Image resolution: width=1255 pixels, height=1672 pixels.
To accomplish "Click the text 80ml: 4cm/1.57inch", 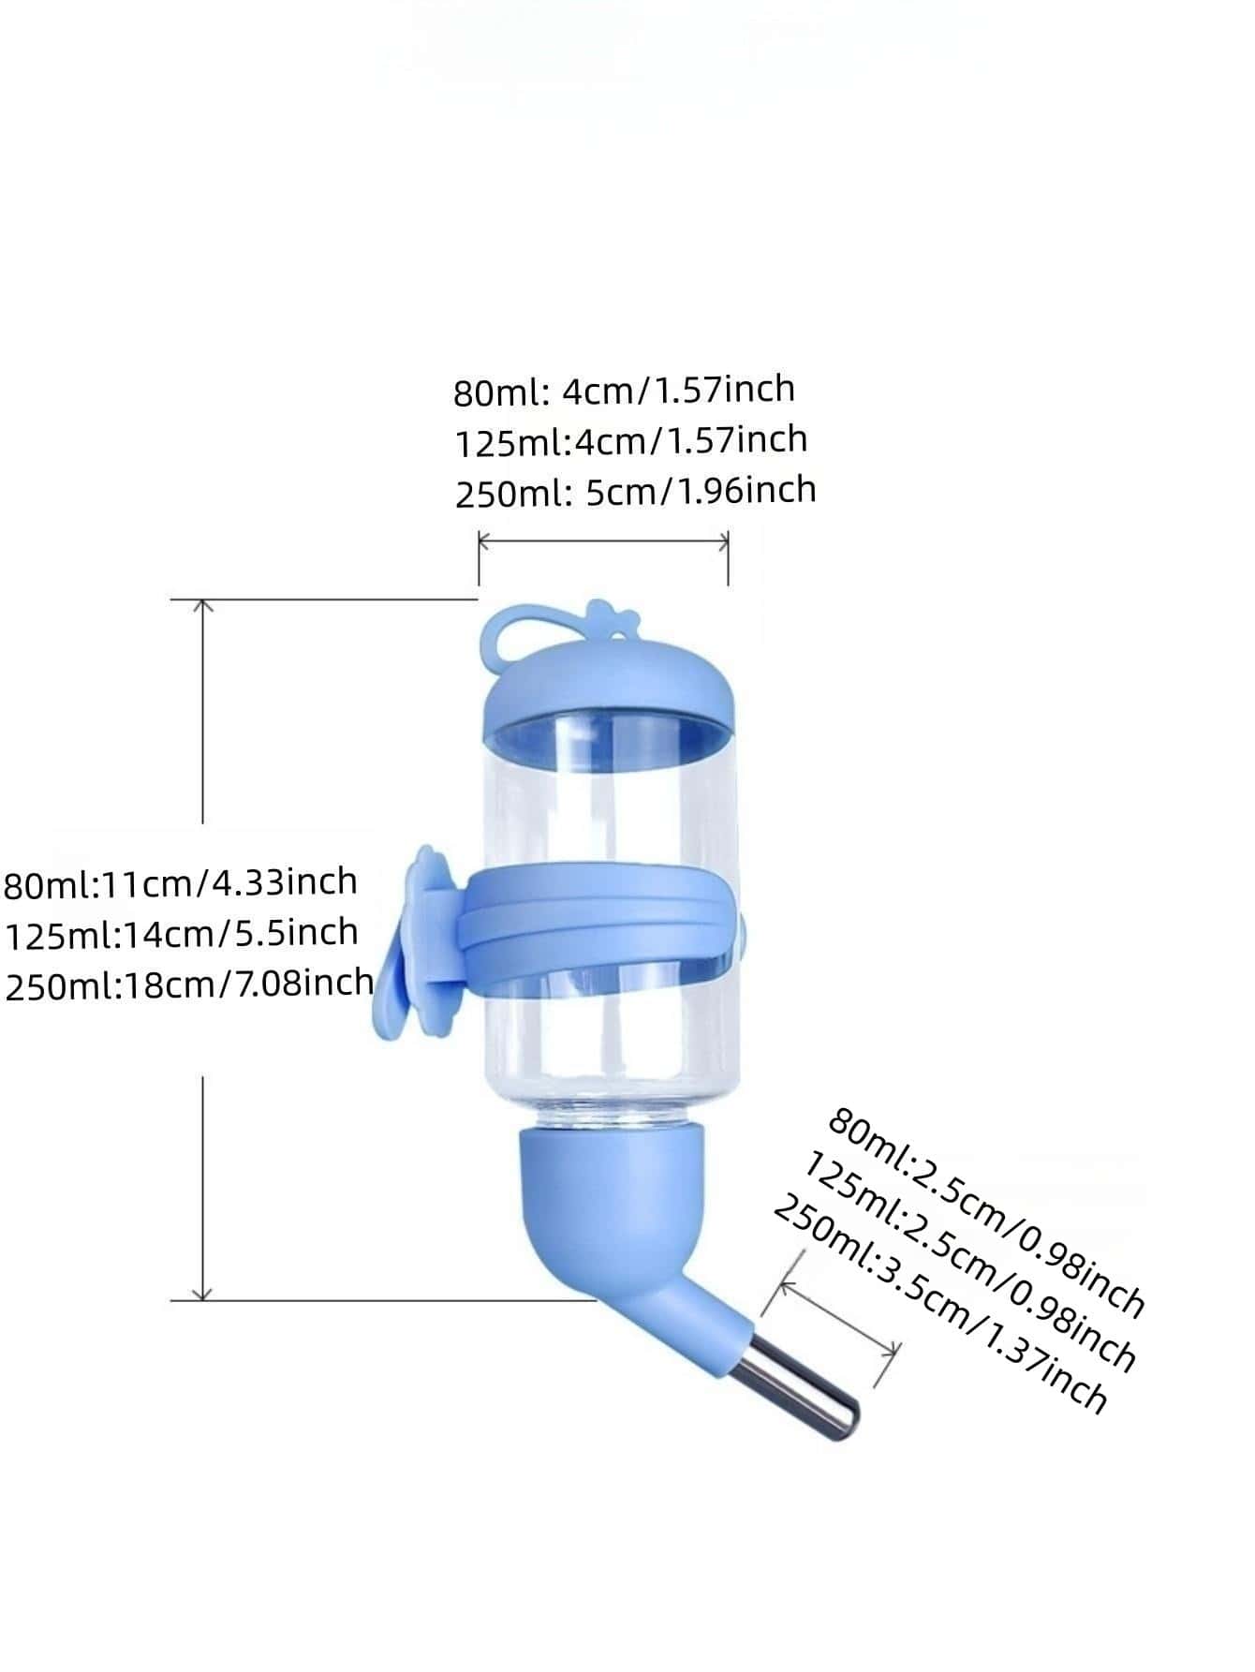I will [x=624, y=390].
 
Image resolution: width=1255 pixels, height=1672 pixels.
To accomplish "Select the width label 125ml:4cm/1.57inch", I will [x=630, y=440].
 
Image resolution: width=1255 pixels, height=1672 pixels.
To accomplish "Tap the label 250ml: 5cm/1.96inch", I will [x=635, y=491].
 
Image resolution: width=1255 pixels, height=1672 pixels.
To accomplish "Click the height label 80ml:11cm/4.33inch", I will [x=180, y=882].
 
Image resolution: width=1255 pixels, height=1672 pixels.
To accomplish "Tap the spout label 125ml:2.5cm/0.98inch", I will [x=969, y=1260].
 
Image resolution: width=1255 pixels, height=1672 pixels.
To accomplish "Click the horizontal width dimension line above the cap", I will [x=604, y=539].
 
